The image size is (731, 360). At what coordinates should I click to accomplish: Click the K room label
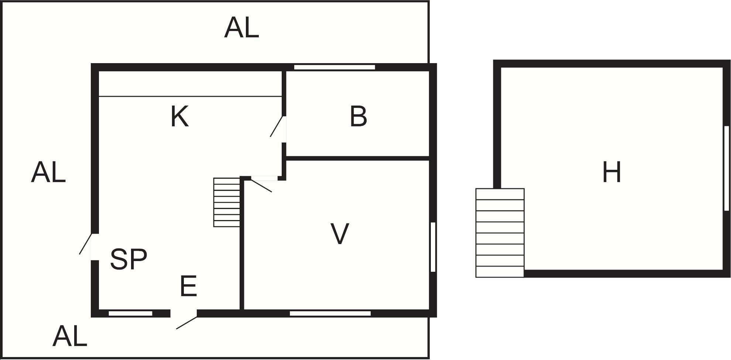coord(179,116)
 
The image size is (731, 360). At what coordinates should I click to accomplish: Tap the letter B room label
coord(358,116)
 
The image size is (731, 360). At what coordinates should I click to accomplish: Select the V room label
coord(339,233)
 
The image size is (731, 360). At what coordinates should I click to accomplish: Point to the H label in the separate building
coord(611,172)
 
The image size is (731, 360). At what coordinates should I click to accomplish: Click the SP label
coord(128,259)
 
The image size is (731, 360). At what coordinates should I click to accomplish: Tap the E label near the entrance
coord(188,286)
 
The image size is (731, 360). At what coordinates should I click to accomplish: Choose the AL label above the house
coord(241,28)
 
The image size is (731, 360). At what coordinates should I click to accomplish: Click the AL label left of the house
coord(48,172)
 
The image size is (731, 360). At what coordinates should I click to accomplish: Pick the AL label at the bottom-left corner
coord(70,336)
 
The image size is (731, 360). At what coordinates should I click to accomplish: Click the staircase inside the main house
coord(227,202)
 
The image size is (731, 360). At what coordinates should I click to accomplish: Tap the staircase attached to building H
coord(500,233)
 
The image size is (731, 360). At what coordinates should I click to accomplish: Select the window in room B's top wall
coord(334,67)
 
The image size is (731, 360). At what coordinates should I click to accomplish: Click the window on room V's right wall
coord(433,247)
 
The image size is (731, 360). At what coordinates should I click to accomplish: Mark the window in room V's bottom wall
coord(330,313)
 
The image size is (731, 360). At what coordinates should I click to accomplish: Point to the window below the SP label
coord(130,313)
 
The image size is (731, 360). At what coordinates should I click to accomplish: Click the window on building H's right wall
coord(727,168)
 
